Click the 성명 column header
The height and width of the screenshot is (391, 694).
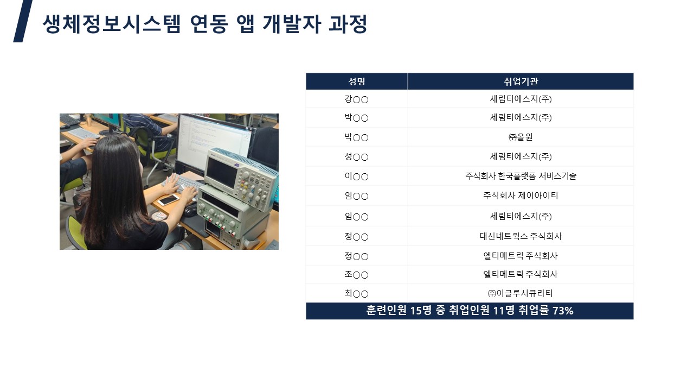[x=357, y=81]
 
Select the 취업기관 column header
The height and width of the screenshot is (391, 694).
[x=521, y=81]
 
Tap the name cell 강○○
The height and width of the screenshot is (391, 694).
[x=356, y=99]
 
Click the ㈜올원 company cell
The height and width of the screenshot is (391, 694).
[x=520, y=137]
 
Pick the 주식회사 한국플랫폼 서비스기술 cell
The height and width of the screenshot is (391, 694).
[x=520, y=176]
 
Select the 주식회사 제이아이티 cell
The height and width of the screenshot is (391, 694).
[x=520, y=195]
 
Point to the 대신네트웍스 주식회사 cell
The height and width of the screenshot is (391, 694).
[x=520, y=236]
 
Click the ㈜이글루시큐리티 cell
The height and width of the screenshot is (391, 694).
[x=520, y=293]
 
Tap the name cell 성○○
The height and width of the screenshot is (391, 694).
[x=356, y=157]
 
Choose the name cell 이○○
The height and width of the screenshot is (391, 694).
[x=356, y=176]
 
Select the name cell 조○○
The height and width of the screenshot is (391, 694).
[x=356, y=275]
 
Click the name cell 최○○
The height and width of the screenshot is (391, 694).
[x=356, y=293]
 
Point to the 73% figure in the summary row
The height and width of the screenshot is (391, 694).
[x=563, y=311]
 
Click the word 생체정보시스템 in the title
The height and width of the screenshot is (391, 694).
[x=112, y=23]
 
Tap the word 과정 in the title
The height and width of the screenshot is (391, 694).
[x=348, y=23]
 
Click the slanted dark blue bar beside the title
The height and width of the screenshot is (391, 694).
[x=23, y=21]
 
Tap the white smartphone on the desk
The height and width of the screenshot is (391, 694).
[x=168, y=199]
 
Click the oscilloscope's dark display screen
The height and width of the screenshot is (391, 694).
[x=221, y=173]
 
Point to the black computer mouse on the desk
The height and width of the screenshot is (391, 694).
[x=190, y=211]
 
